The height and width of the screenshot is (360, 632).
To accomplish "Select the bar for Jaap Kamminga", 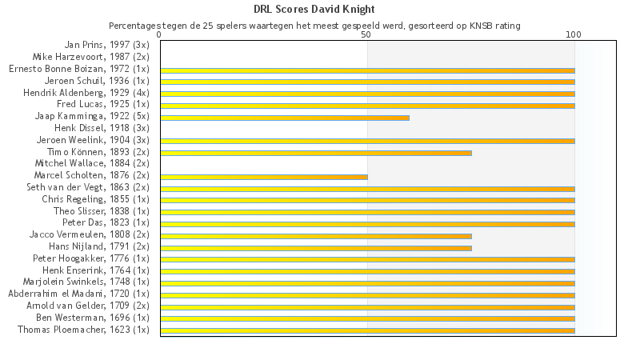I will click(285, 118).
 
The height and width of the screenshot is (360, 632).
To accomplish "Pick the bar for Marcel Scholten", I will click(264, 177).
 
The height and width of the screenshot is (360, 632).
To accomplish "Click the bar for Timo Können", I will click(316, 153).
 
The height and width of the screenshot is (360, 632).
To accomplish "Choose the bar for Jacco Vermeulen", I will click(316, 236).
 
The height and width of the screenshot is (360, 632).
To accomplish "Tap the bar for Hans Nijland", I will click(316, 248).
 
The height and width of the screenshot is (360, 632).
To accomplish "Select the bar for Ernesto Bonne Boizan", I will click(367, 70).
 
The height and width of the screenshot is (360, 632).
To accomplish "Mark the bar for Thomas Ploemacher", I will click(367, 330).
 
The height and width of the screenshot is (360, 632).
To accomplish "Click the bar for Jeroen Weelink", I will click(367, 141).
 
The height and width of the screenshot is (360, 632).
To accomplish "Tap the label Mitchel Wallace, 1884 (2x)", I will click(92, 163).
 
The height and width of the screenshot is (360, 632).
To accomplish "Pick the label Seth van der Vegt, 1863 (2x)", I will click(88, 187).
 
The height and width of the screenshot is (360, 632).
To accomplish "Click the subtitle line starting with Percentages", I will click(314, 26).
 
